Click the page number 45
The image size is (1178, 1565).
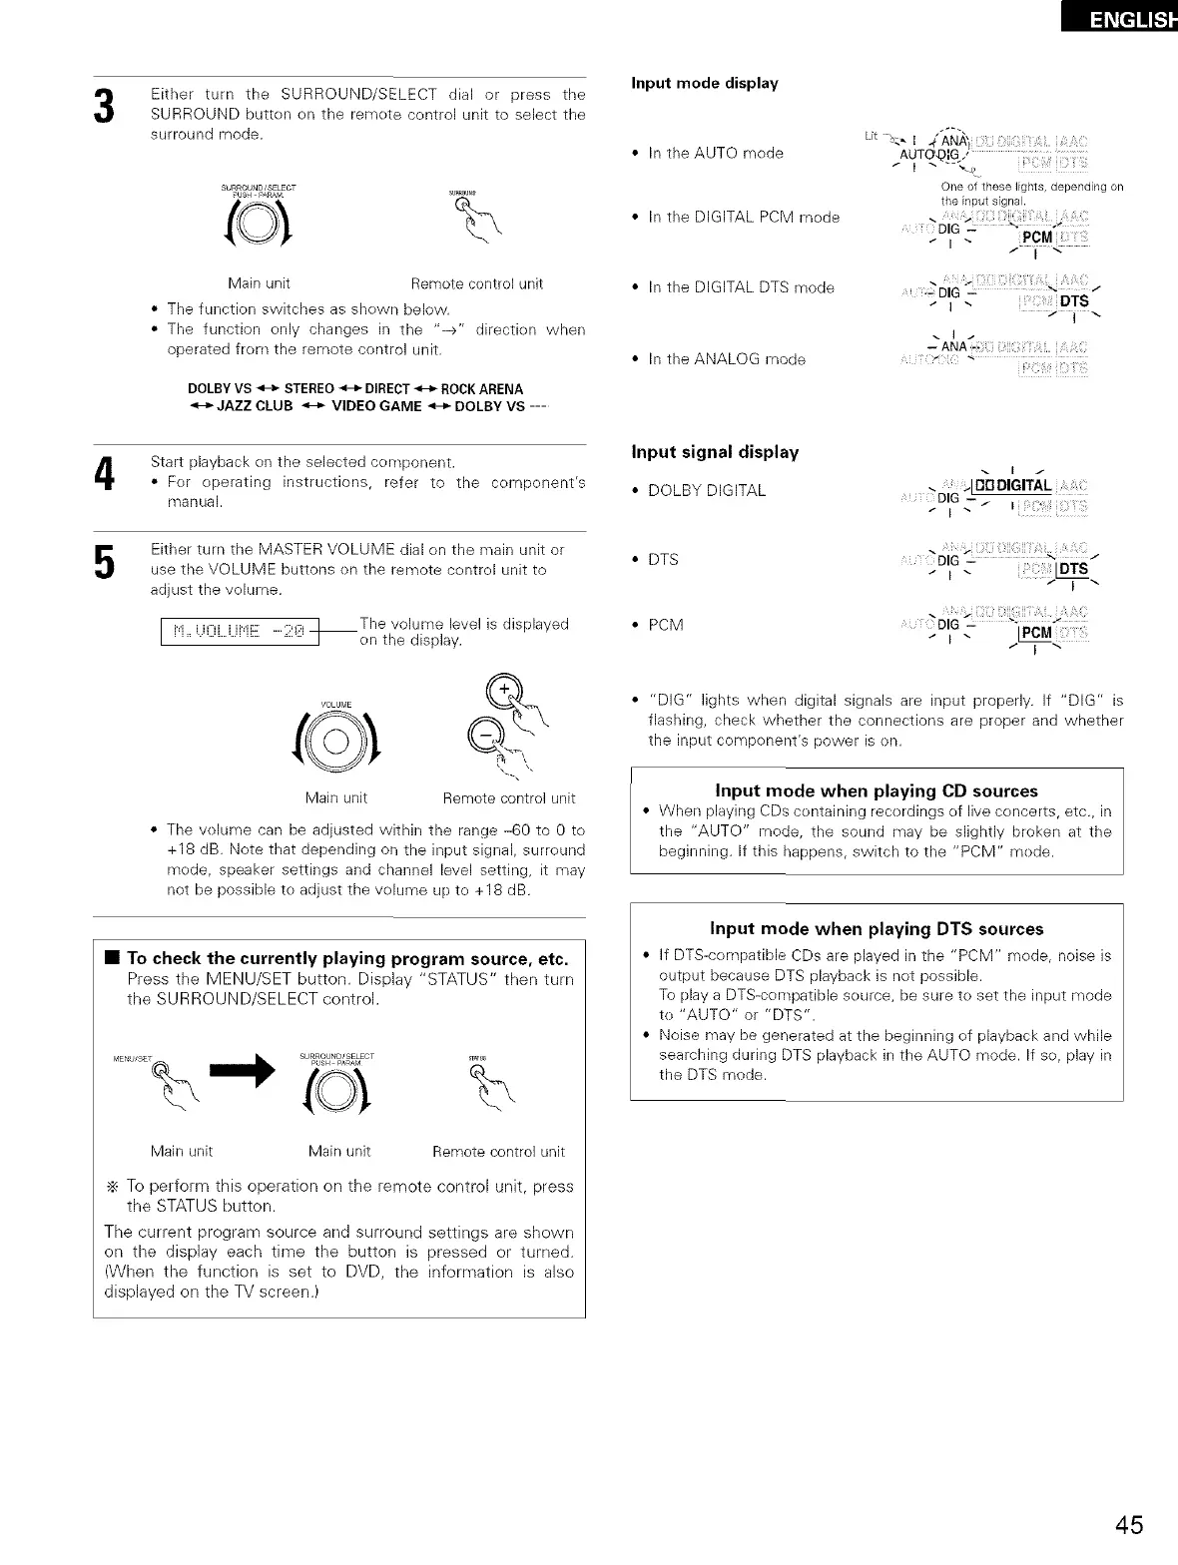tap(1130, 1525)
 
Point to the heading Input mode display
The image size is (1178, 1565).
tap(705, 83)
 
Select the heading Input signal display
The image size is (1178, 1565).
tap(715, 452)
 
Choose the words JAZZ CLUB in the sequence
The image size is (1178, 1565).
tap(256, 407)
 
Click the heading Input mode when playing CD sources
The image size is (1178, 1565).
tap(877, 790)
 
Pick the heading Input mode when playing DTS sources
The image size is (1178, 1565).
tap(877, 929)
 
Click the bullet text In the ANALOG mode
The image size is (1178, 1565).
tap(726, 359)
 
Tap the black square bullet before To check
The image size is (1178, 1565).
tap(113, 959)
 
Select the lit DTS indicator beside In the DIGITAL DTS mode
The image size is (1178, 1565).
tap(1074, 302)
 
